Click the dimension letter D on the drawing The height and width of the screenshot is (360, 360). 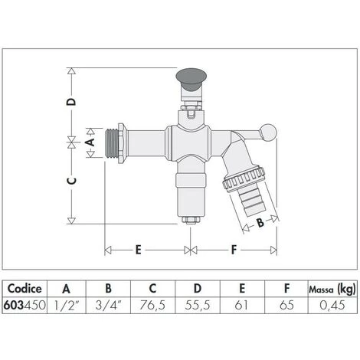point(70,101)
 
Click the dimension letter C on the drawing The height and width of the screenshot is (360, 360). point(70,181)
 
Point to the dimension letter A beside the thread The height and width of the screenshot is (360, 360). point(88,142)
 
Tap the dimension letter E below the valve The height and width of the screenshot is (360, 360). point(138,249)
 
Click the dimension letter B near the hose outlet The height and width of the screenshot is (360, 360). point(259,224)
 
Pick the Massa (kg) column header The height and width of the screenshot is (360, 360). point(332,290)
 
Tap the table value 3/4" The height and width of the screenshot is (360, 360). point(108,305)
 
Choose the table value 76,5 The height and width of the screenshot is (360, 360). point(152,305)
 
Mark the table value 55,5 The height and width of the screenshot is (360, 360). point(198,305)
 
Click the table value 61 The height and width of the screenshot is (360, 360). point(241,305)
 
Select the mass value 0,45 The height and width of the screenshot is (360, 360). point(332,305)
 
